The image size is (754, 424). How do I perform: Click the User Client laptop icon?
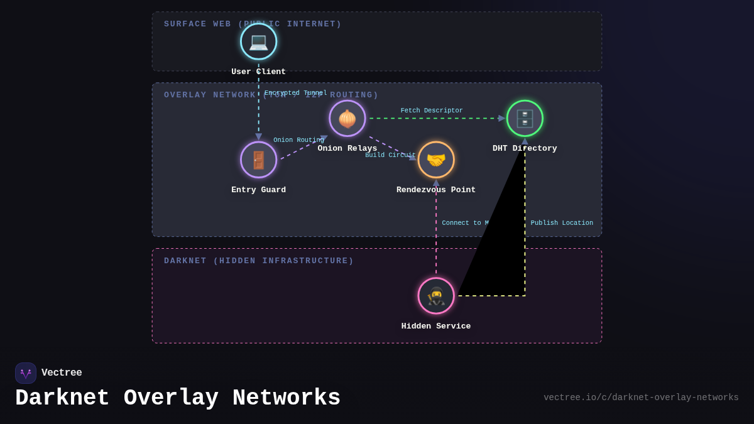pos(258,41)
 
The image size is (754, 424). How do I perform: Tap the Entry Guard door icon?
pos(258,160)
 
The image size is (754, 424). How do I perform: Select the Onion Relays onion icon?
pos(347,118)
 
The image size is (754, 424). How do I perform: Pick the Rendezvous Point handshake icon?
pos(436,160)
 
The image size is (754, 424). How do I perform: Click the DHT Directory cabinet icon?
pos(525,118)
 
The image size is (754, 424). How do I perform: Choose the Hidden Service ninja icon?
pos(436,296)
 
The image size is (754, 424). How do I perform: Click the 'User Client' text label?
pos(258,72)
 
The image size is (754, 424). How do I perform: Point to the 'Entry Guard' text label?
pos(258,190)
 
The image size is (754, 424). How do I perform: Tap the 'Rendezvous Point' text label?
pos(436,190)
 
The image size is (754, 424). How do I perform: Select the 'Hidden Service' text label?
pos(436,326)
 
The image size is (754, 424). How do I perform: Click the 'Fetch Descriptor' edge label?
pos(432,111)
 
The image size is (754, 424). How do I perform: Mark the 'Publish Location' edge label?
pos(562,223)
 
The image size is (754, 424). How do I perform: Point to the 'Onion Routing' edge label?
pos(298,140)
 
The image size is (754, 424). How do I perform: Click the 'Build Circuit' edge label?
pos(390,155)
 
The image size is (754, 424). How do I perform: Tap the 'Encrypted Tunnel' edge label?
pos(296,93)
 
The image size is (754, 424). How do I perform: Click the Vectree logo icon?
pos(26,373)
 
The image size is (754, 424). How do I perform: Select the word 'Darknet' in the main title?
pos(62,398)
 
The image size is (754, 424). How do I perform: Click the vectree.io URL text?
pos(641,398)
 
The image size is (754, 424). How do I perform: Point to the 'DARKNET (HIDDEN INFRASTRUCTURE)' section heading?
pos(259,261)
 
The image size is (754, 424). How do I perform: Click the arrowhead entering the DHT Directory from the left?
pos(501,118)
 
